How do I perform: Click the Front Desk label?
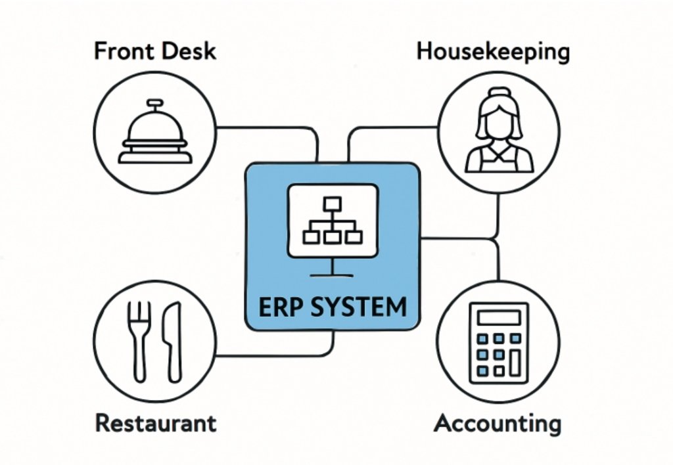click(x=154, y=51)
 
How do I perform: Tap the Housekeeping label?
click(x=493, y=51)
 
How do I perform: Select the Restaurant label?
click(x=156, y=423)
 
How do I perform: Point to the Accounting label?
click(x=498, y=423)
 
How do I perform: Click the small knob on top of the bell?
click(x=155, y=102)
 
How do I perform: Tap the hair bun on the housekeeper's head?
click(x=499, y=92)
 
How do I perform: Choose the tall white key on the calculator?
click(x=515, y=363)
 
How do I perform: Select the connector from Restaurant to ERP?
click(x=276, y=356)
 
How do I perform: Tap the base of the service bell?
click(x=155, y=158)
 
